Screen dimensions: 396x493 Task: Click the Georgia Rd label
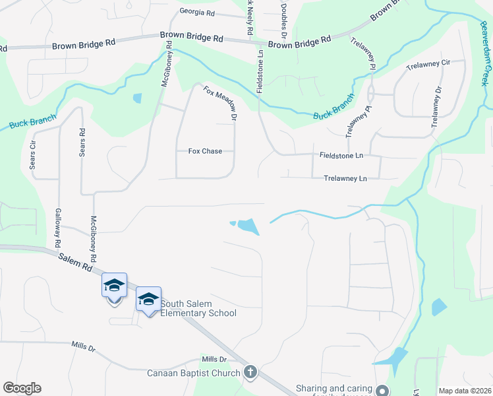(x=196, y=12)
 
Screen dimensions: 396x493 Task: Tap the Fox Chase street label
(x=205, y=151)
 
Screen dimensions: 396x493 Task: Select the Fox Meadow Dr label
(x=220, y=104)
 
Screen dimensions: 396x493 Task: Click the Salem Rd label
(x=73, y=261)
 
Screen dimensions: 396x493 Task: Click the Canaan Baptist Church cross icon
(x=250, y=372)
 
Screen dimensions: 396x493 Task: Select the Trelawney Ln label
(x=345, y=178)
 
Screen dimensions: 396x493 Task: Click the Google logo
(x=22, y=388)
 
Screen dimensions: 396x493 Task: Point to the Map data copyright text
(x=465, y=391)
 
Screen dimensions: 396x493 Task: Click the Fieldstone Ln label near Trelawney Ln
(x=341, y=156)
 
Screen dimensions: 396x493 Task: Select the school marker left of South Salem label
(x=114, y=286)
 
